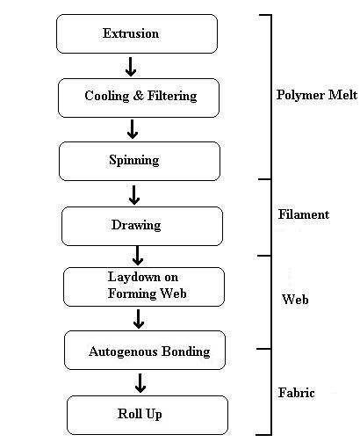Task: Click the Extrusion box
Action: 137,33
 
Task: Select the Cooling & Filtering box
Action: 139,98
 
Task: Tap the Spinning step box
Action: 140,161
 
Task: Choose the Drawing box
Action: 142,226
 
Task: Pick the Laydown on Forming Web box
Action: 144,286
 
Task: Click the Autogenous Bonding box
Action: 145,350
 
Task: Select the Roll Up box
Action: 148,415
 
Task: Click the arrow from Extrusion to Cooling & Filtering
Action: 131,67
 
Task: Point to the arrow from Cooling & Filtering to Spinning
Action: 133,129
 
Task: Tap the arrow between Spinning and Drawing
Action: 134,195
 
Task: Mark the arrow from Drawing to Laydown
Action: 138,256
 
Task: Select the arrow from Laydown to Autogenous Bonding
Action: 139,319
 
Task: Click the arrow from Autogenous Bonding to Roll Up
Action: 140,383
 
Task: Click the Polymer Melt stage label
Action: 317,95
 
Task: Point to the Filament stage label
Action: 304,214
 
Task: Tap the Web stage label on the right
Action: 295,300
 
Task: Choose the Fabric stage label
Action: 297,393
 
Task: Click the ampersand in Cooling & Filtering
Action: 138,96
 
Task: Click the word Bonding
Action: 186,351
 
